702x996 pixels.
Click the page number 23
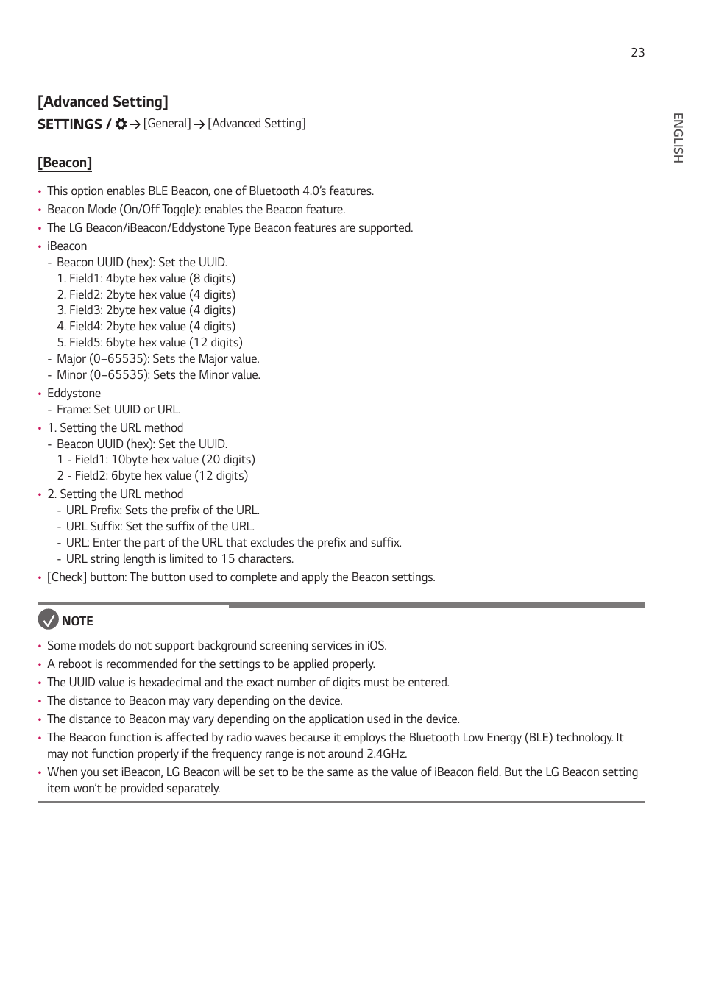(x=637, y=52)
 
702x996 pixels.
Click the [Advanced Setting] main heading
(x=103, y=102)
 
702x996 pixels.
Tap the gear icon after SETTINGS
(x=121, y=124)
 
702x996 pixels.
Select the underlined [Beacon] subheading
(x=65, y=163)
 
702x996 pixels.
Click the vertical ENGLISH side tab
(x=678, y=138)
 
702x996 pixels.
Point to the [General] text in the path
(x=167, y=124)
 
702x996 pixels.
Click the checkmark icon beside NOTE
(x=48, y=619)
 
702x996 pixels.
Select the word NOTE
(x=77, y=621)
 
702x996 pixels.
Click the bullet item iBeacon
(x=67, y=246)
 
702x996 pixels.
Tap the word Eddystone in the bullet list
(x=74, y=394)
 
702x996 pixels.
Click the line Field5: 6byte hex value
(x=155, y=343)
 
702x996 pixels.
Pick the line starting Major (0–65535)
(x=157, y=359)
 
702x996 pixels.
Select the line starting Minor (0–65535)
(x=158, y=375)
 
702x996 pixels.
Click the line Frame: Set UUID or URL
(x=118, y=410)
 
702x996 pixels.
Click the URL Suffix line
(x=160, y=527)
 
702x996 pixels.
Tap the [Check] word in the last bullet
(x=67, y=577)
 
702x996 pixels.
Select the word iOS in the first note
(x=376, y=646)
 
